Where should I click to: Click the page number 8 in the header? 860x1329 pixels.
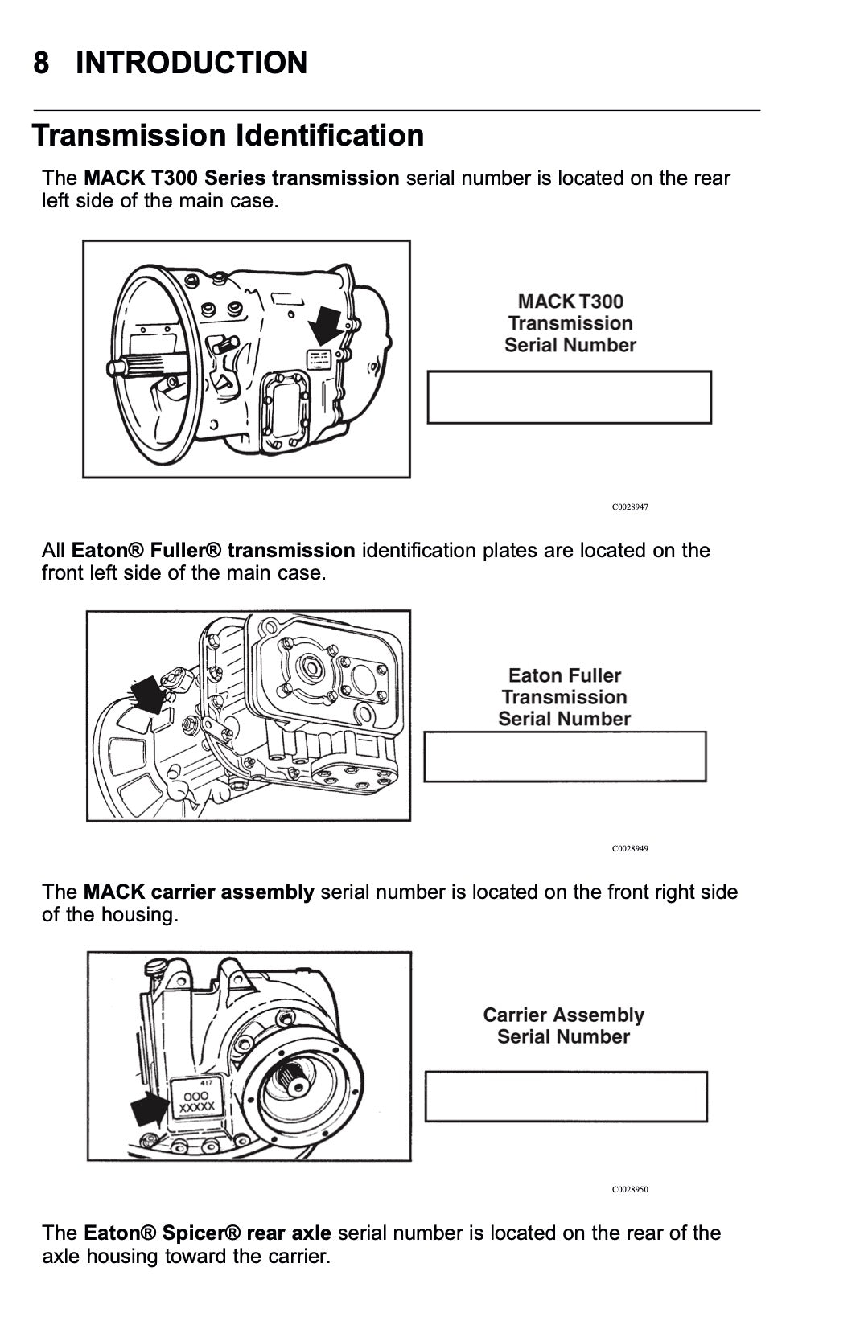(x=41, y=63)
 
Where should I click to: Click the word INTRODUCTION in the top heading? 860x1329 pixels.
(x=191, y=63)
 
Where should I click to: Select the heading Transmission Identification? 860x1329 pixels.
(x=228, y=135)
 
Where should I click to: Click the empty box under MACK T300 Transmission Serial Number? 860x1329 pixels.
(x=569, y=397)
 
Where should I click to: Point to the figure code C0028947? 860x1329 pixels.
(x=629, y=507)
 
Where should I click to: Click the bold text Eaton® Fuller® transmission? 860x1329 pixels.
(x=213, y=551)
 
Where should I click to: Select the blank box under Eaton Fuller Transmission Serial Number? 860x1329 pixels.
(x=565, y=757)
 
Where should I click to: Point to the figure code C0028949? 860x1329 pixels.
(x=629, y=848)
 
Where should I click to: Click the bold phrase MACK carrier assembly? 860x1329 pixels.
(x=199, y=892)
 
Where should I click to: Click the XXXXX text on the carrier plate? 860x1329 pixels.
(x=195, y=1107)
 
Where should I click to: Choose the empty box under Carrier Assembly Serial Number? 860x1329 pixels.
(x=566, y=1097)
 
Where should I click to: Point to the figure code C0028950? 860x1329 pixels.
(x=629, y=1189)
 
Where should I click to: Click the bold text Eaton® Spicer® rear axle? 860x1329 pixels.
(x=208, y=1233)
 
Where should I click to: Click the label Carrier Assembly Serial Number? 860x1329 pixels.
(x=563, y=1026)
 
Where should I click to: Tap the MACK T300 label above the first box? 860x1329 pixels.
(x=570, y=301)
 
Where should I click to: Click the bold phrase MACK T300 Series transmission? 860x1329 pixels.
(x=241, y=178)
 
